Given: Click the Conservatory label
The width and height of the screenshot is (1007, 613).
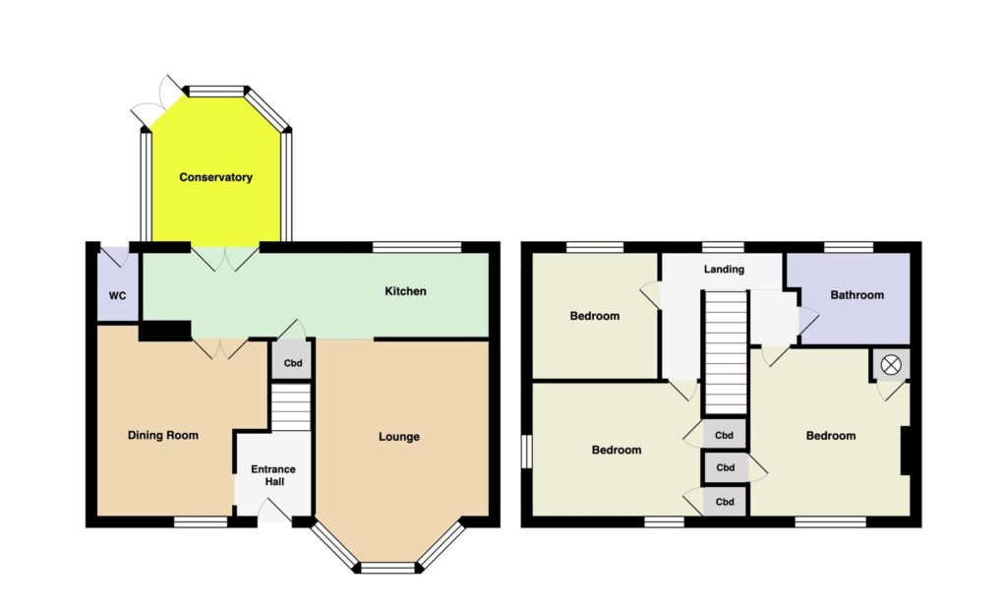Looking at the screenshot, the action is click(215, 177).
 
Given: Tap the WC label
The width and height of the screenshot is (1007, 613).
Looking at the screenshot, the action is click(118, 296).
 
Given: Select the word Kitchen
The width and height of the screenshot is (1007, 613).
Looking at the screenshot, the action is click(405, 291).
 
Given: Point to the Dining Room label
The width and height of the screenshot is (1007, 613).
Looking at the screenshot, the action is click(163, 435).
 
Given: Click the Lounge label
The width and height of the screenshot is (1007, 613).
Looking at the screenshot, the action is click(399, 437).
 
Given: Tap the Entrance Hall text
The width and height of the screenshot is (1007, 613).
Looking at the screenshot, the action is click(273, 475).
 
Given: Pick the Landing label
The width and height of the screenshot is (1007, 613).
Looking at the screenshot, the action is click(724, 270).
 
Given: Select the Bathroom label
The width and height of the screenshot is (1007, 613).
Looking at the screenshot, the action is click(857, 295).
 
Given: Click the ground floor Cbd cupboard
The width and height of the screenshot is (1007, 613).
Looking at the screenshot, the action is click(293, 362).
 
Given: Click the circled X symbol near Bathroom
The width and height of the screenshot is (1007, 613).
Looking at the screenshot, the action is click(891, 366).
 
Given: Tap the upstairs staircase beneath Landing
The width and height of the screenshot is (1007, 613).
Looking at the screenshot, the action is click(727, 353).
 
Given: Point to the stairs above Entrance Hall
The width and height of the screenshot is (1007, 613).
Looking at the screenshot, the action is click(291, 406).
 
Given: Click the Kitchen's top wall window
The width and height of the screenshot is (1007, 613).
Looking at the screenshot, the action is click(417, 247).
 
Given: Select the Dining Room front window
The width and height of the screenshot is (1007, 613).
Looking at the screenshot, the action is click(201, 522).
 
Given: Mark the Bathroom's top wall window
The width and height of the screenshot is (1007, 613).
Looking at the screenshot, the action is click(849, 247).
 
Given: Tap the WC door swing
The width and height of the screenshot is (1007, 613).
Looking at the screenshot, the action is click(116, 257).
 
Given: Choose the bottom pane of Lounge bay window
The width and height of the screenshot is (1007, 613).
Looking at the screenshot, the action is click(387, 568).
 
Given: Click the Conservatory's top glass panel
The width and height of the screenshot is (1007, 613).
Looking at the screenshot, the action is click(216, 92).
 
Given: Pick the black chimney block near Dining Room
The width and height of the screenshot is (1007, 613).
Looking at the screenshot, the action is click(165, 331).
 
